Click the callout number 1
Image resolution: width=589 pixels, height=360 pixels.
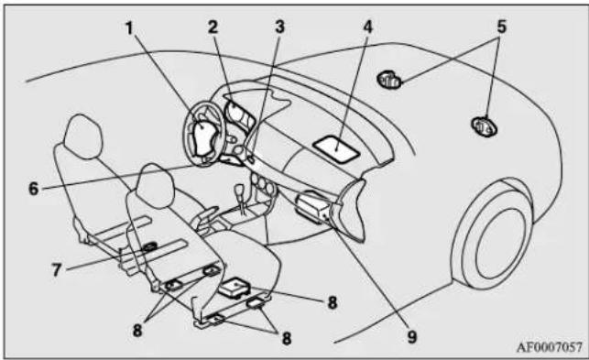[129, 28]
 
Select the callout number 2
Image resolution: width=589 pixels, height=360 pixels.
[213, 27]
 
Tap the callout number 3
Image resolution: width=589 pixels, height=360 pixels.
[279, 27]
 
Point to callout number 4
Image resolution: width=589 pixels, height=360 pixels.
[367, 27]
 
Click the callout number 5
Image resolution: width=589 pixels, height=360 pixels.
[502, 27]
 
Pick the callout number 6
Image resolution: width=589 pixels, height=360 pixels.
[34, 189]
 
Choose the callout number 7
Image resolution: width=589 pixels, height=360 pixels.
[57, 269]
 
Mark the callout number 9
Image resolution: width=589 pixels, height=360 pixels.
[412, 337]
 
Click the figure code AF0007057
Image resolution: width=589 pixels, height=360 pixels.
[550, 347]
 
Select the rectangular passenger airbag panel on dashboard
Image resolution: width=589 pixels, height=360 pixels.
[336, 149]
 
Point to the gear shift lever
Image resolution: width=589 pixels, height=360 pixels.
[240, 198]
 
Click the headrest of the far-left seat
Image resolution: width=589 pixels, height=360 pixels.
[83, 136]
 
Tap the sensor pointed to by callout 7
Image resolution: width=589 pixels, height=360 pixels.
[150, 246]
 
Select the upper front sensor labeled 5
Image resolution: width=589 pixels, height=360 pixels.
[389, 80]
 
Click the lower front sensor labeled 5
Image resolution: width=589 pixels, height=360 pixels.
[485, 126]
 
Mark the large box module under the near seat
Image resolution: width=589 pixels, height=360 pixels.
[235, 288]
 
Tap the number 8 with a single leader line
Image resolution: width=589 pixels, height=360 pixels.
[333, 302]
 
